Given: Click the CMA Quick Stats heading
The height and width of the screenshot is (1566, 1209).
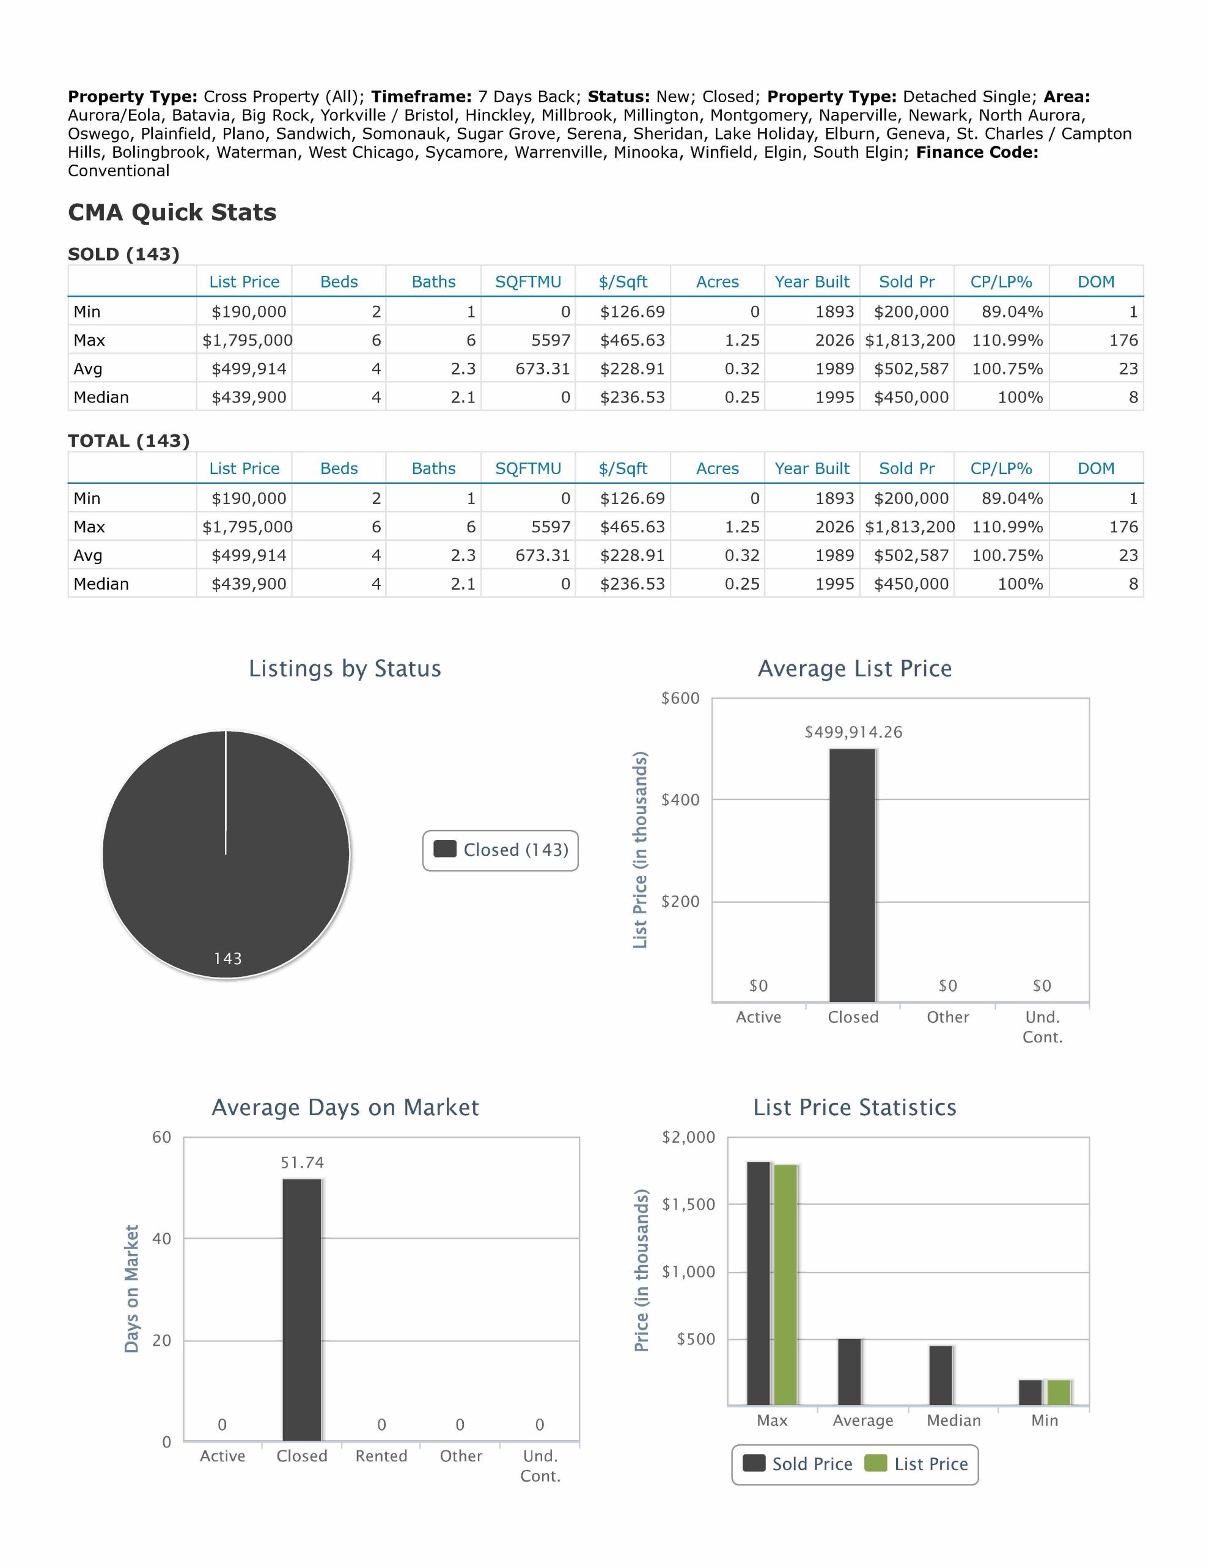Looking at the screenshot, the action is click(172, 212).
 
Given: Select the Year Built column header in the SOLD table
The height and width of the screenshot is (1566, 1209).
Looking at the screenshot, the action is click(812, 282).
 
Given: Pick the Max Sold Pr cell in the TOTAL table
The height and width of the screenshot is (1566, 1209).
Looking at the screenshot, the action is click(910, 527).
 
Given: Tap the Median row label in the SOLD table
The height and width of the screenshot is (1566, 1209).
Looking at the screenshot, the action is click(101, 397).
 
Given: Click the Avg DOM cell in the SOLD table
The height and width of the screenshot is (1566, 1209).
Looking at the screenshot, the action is click(1128, 368).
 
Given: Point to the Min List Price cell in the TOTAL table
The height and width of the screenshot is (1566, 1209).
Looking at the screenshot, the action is click(249, 499).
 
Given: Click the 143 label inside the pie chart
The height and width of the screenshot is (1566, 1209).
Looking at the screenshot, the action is click(228, 959).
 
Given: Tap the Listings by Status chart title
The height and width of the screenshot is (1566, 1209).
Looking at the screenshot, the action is click(345, 668).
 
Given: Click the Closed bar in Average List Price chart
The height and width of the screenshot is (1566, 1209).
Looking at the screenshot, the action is click(852, 875).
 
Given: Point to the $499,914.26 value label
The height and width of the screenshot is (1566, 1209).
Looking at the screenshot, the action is click(853, 732).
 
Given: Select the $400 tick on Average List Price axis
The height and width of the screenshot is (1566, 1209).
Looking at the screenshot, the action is click(680, 800).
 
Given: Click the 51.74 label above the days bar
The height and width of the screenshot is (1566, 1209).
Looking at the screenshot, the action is click(302, 1162).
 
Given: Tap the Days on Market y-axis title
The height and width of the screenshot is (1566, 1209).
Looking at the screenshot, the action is click(132, 1288).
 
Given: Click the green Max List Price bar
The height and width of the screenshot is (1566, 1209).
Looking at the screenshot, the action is click(785, 1285).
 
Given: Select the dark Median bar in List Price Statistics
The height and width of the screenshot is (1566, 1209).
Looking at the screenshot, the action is click(941, 1375).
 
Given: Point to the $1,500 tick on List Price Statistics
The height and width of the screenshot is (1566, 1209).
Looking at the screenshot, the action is click(689, 1204).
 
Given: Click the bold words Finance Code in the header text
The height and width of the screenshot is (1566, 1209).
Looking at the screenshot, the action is click(977, 152).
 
